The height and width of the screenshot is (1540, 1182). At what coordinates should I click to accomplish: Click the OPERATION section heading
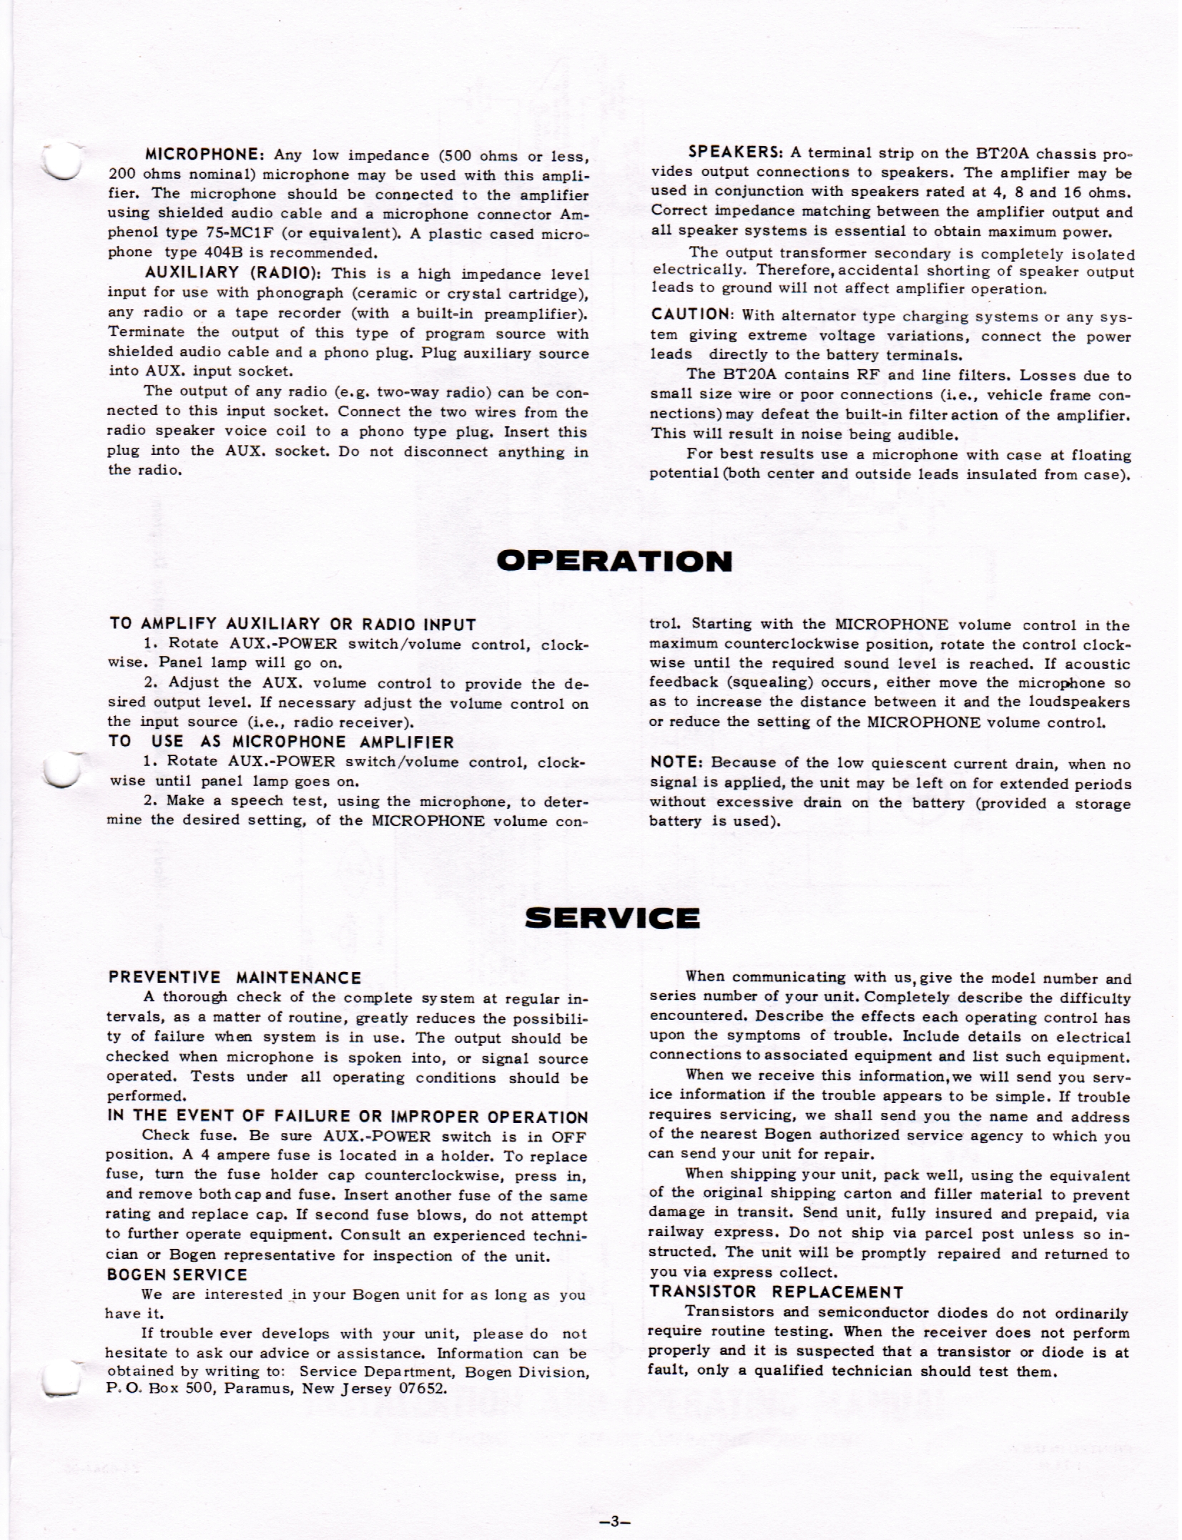(x=614, y=561)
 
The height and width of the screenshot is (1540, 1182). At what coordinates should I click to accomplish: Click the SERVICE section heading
(x=612, y=918)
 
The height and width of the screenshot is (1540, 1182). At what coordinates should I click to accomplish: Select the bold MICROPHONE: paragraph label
(x=206, y=155)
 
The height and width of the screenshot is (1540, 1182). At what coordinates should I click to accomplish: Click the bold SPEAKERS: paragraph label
(x=736, y=152)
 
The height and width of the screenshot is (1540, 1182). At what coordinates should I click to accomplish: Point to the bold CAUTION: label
(x=693, y=315)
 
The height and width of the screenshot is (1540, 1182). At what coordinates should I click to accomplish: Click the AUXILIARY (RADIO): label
(x=233, y=273)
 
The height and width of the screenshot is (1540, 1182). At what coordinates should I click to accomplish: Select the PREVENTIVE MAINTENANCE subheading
(x=235, y=978)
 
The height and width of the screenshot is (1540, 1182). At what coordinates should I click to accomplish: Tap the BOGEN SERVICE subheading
(x=177, y=1275)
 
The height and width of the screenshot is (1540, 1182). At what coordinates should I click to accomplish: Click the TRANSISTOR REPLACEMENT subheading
(x=776, y=1292)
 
